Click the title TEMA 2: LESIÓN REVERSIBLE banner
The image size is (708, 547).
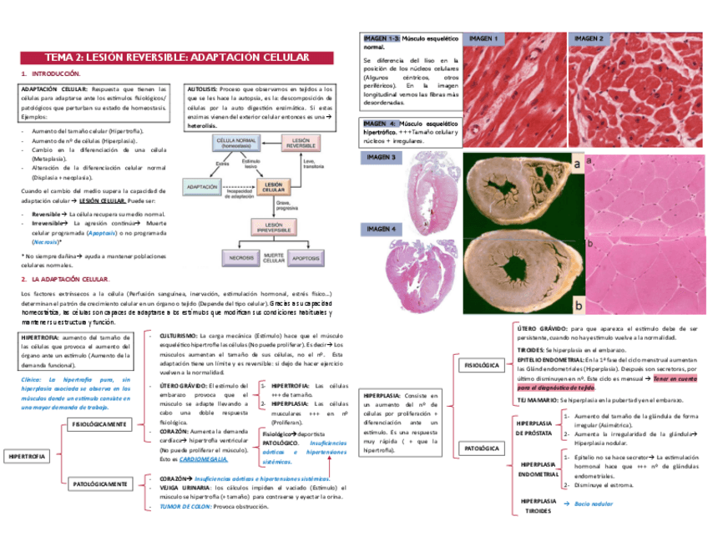tap(176, 57)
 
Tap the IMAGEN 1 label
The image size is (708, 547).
tap(483, 39)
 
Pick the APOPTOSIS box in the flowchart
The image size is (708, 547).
tap(306, 258)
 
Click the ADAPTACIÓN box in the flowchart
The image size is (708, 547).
tap(203, 187)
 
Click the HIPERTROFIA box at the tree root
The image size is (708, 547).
tap(28, 457)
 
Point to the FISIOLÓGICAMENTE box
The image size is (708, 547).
tap(99, 424)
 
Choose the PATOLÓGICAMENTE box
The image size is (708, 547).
tap(99, 484)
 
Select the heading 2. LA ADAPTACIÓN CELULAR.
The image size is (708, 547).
tap(68, 278)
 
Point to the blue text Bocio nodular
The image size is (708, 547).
tap(594, 504)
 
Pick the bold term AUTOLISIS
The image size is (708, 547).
tap(201, 87)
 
